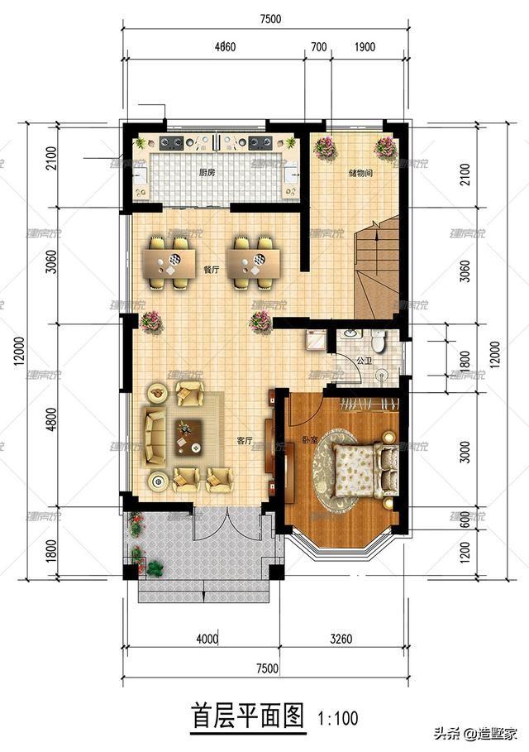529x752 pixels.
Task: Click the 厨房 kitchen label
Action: click(x=207, y=173)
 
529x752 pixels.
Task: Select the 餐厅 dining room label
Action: click(x=211, y=269)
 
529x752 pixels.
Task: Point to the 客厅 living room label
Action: click(x=244, y=440)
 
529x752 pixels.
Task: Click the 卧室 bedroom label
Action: click(x=309, y=439)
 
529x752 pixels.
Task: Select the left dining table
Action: click(x=173, y=263)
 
